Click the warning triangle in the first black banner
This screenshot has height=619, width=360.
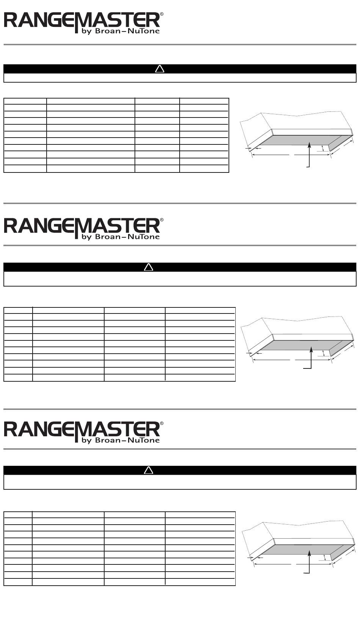click(x=160, y=69)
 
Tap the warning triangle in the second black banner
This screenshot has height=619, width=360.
click(x=149, y=267)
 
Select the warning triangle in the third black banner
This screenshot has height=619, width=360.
click(x=149, y=470)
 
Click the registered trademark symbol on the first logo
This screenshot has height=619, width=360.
click(x=162, y=14)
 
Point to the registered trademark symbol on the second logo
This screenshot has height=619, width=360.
click(x=162, y=220)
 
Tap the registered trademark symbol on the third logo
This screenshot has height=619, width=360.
click(x=162, y=423)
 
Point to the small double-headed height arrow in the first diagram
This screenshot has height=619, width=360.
click(x=323, y=148)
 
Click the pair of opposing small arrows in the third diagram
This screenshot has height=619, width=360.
click(x=255, y=557)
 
